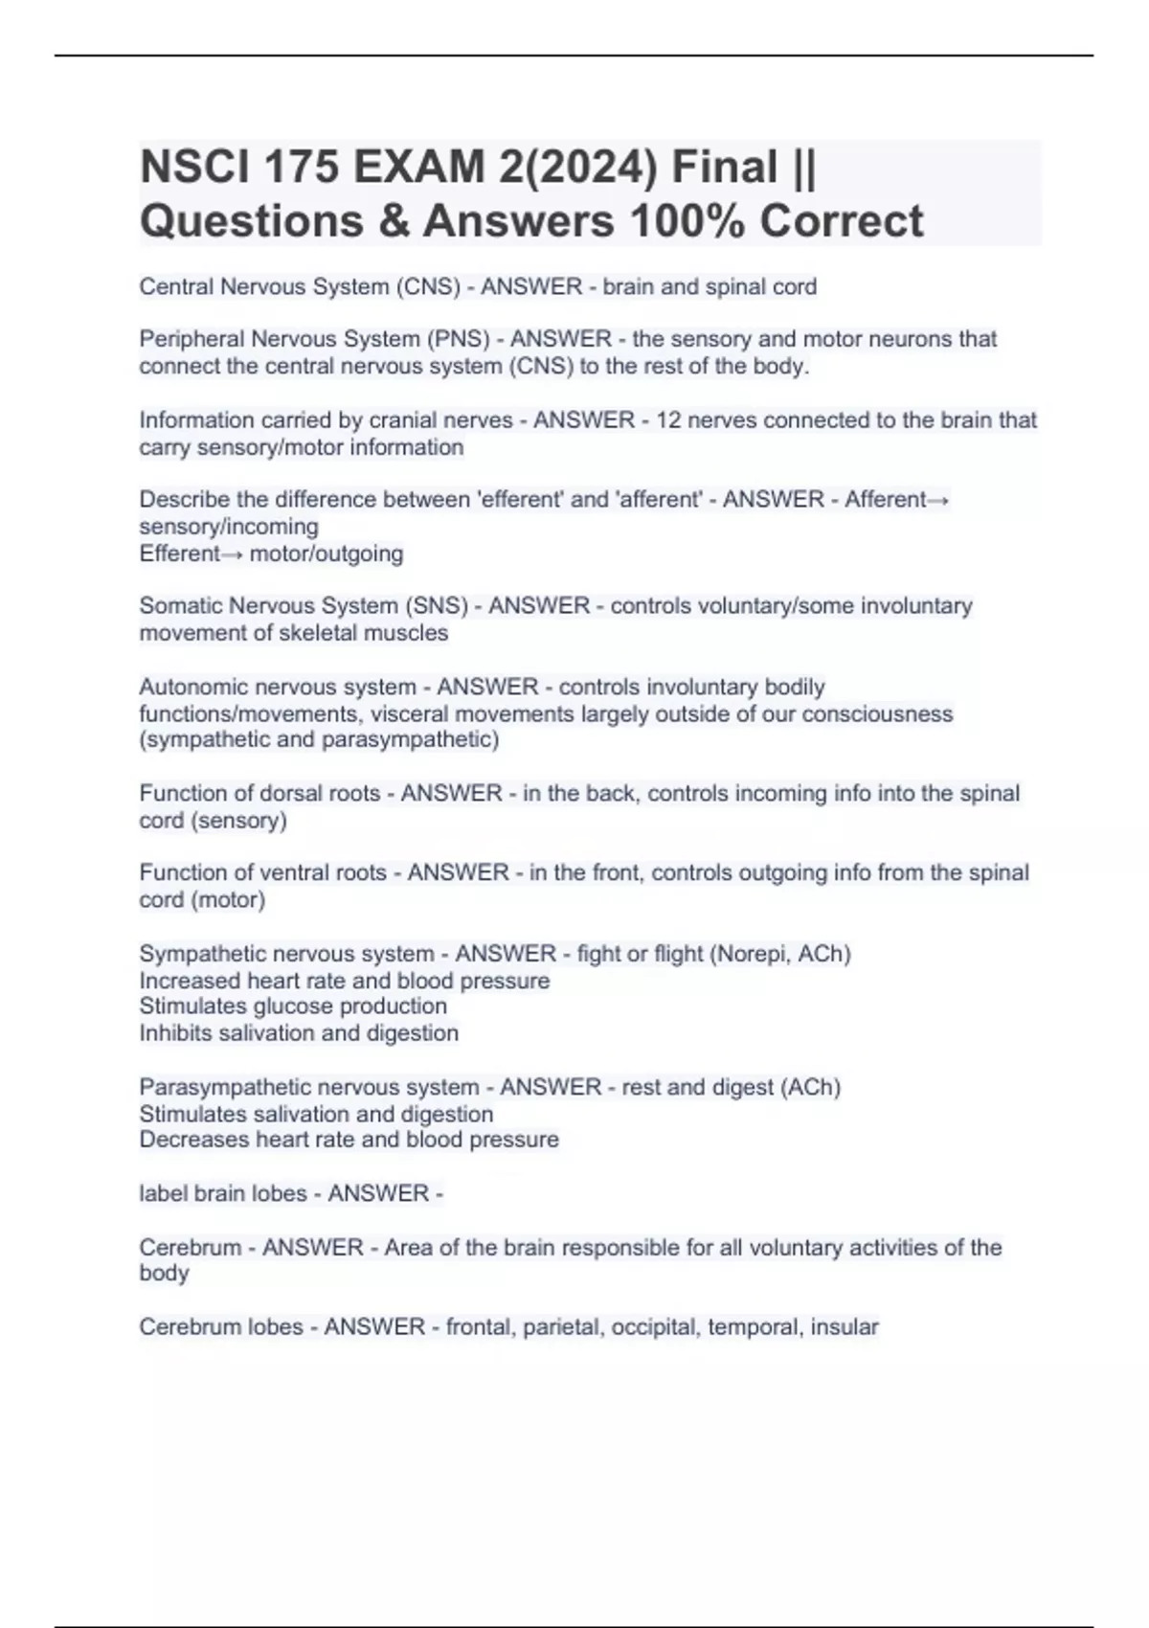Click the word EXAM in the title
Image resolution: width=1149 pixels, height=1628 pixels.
[x=418, y=168]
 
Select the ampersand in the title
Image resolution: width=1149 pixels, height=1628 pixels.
[x=391, y=221]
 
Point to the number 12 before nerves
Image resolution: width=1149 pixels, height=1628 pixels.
[x=668, y=420]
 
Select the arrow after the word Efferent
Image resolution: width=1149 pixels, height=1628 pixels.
[x=232, y=554]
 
